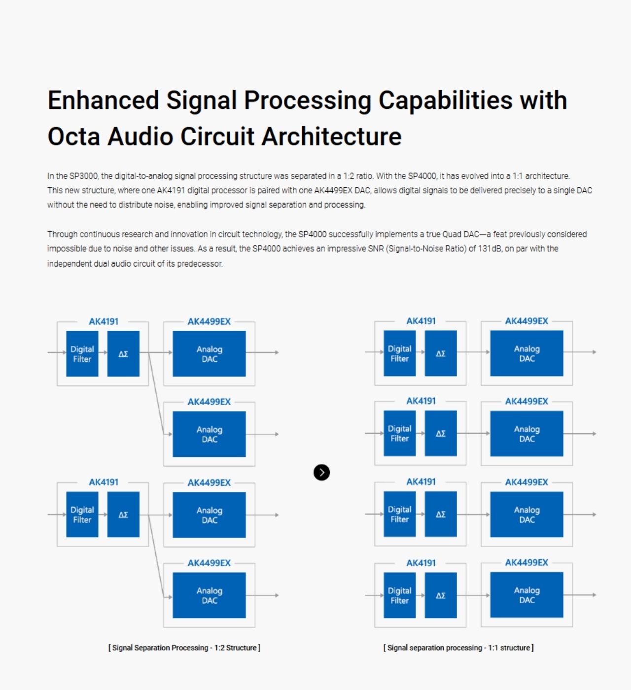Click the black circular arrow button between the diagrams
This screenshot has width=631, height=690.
321,472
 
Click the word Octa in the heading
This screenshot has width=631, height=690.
73,137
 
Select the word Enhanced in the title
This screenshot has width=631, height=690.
103,100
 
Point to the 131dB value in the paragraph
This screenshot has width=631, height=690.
490,249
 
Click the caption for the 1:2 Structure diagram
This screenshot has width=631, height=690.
184,648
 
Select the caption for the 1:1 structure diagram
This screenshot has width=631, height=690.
458,648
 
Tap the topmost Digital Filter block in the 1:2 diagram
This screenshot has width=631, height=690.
82,354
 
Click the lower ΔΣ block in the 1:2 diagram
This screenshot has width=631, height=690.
123,515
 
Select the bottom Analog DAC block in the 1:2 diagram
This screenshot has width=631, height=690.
209,595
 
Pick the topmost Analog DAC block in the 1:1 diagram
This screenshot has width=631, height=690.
526,353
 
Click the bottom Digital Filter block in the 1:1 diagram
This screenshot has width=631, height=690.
399,595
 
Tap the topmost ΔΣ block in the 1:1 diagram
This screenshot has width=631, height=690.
441,353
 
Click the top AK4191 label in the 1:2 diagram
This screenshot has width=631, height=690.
104,322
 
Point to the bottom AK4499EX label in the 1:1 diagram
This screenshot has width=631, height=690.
526,562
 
